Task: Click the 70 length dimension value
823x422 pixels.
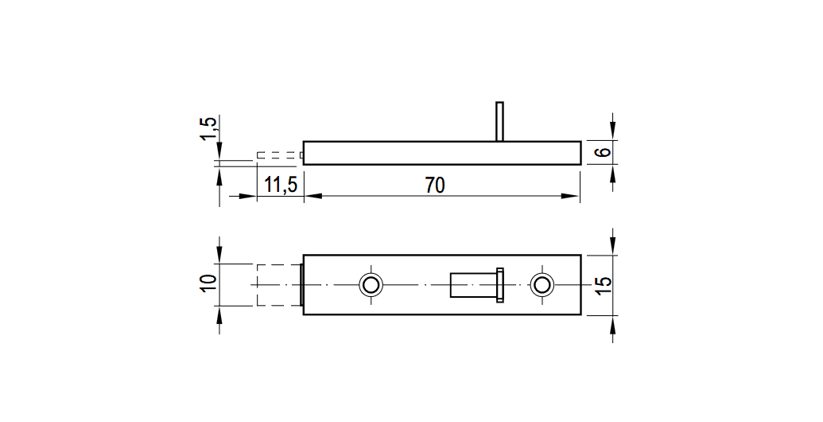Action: tap(435, 185)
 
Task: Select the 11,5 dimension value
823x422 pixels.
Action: tap(281, 185)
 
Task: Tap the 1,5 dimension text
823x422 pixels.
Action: tap(208, 129)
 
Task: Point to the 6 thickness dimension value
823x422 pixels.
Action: tap(604, 152)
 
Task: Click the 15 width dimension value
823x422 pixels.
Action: tap(604, 285)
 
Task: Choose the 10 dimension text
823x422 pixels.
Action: tap(208, 285)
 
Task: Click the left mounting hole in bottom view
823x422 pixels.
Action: tap(371, 285)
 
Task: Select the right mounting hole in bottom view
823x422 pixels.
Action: tap(542, 285)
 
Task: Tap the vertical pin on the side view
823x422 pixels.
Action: tap(499, 121)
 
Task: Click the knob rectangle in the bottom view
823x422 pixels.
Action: tap(473, 285)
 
